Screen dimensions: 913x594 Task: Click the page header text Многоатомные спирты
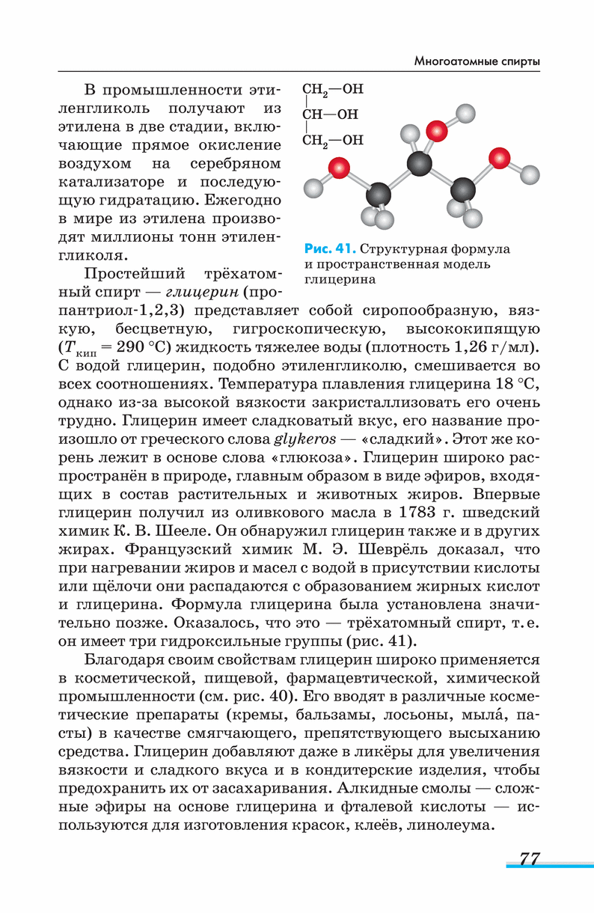(x=477, y=61)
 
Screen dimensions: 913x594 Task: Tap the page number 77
(x=529, y=858)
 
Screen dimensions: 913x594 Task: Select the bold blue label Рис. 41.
(x=330, y=248)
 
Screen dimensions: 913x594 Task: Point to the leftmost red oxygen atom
(x=340, y=167)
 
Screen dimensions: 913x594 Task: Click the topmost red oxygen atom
(x=437, y=132)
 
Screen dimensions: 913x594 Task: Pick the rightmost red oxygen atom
(x=499, y=158)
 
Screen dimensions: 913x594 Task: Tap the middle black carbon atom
(x=420, y=164)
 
